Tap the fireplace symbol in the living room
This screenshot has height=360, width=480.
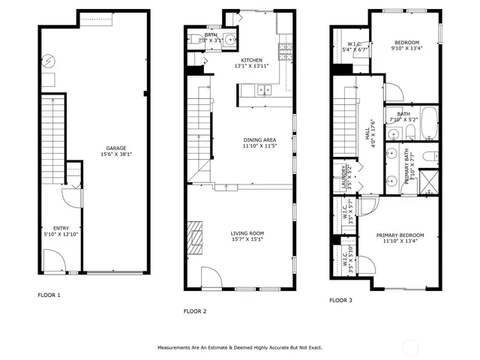(x=196, y=234)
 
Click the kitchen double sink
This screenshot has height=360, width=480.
(x=263, y=91)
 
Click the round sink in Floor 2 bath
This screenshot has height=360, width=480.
(x=229, y=40)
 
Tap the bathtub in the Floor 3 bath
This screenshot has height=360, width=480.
(x=427, y=124)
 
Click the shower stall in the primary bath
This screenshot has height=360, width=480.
(x=430, y=181)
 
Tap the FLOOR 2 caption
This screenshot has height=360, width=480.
(x=195, y=310)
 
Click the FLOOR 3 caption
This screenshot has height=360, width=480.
(x=341, y=300)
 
